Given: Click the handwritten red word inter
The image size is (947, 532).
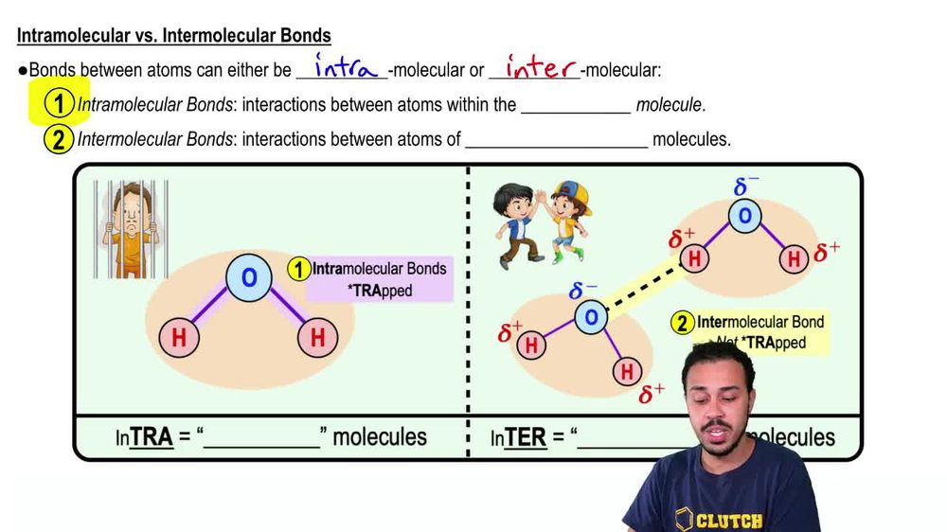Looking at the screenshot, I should point(542,67).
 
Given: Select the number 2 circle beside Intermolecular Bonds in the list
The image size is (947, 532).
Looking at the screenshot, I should point(59,140).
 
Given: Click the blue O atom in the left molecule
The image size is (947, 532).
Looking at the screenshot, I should point(249,277).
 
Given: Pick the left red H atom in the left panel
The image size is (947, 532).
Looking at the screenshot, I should point(179,337).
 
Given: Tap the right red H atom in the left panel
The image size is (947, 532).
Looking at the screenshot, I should point(318,337).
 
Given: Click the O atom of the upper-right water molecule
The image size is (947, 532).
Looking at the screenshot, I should point(745,217).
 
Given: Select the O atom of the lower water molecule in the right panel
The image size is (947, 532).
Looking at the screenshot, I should point(590,316).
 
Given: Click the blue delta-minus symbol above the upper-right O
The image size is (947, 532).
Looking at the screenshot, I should point(746,186).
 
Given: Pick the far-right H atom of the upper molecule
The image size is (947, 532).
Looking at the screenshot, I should point(795,257).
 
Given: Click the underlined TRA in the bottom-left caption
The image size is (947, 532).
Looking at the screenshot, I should point(152,436).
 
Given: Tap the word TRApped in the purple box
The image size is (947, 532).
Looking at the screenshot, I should point(382,291).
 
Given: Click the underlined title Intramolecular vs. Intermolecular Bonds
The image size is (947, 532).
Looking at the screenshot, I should point(174,36).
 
